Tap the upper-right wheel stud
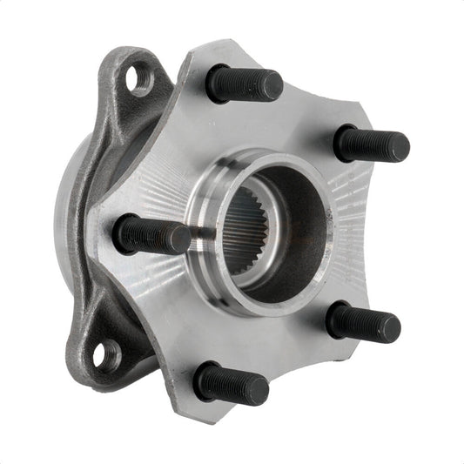(371, 144)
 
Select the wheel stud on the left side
(151, 234)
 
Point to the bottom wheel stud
(231, 383)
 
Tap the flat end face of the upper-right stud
(400, 147)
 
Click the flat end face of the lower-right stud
(390, 328)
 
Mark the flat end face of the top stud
(272, 86)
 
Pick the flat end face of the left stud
(179, 239)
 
